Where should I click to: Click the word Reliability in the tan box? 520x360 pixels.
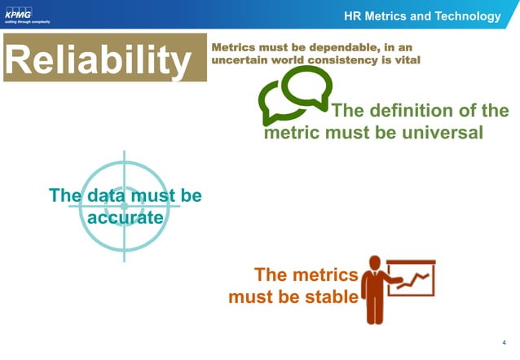point(104,59)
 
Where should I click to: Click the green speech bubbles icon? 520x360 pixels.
point(294,94)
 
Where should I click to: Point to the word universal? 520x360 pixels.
point(443,132)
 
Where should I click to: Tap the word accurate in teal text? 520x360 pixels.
point(125,217)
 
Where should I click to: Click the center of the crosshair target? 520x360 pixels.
point(125,206)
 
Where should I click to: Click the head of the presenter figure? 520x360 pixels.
point(375,262)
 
